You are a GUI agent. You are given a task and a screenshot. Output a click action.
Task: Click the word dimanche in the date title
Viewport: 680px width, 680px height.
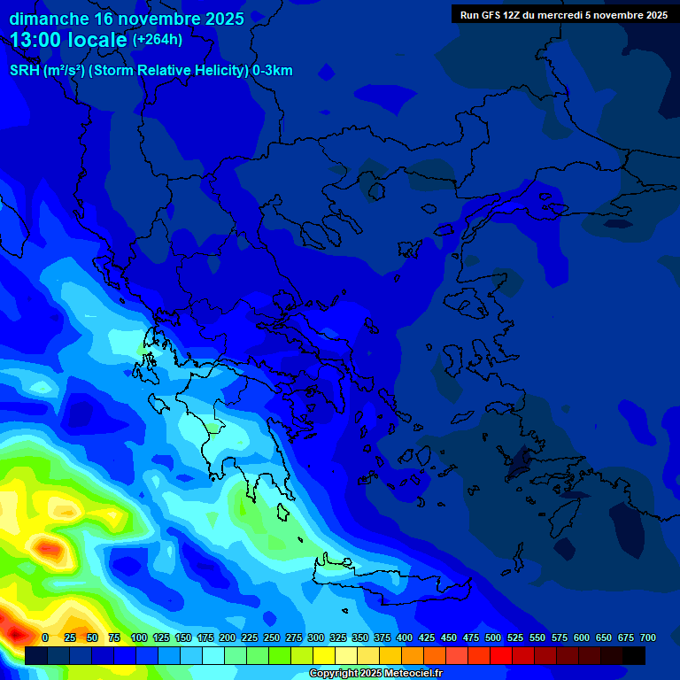(50, 19)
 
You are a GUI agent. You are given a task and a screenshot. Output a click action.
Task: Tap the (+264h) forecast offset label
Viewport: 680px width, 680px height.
(158, 40)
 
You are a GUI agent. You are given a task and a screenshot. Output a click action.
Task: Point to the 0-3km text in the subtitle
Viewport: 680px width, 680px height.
(272, 71)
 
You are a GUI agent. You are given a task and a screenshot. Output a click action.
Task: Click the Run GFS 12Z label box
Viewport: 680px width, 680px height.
(564, 14)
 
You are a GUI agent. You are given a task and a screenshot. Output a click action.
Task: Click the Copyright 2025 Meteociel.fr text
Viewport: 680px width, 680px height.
(375, 674)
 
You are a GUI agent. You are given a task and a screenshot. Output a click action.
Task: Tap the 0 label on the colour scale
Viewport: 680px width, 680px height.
(45, 637)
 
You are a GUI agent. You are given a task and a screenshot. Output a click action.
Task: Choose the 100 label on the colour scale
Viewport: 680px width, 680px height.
(138, 637)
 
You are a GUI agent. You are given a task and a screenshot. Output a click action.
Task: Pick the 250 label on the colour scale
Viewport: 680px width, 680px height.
(272, 637)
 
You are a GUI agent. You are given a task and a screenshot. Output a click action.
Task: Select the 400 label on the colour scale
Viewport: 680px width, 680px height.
(405, 637)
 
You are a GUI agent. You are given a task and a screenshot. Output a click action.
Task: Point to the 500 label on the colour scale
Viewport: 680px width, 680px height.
(493, 637)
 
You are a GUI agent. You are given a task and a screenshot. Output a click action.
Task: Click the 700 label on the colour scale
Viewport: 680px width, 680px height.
(647, 637)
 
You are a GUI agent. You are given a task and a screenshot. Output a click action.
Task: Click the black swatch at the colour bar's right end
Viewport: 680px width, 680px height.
(634, 655)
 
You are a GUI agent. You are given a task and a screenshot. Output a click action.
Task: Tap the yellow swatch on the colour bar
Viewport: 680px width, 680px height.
(324, 655)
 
